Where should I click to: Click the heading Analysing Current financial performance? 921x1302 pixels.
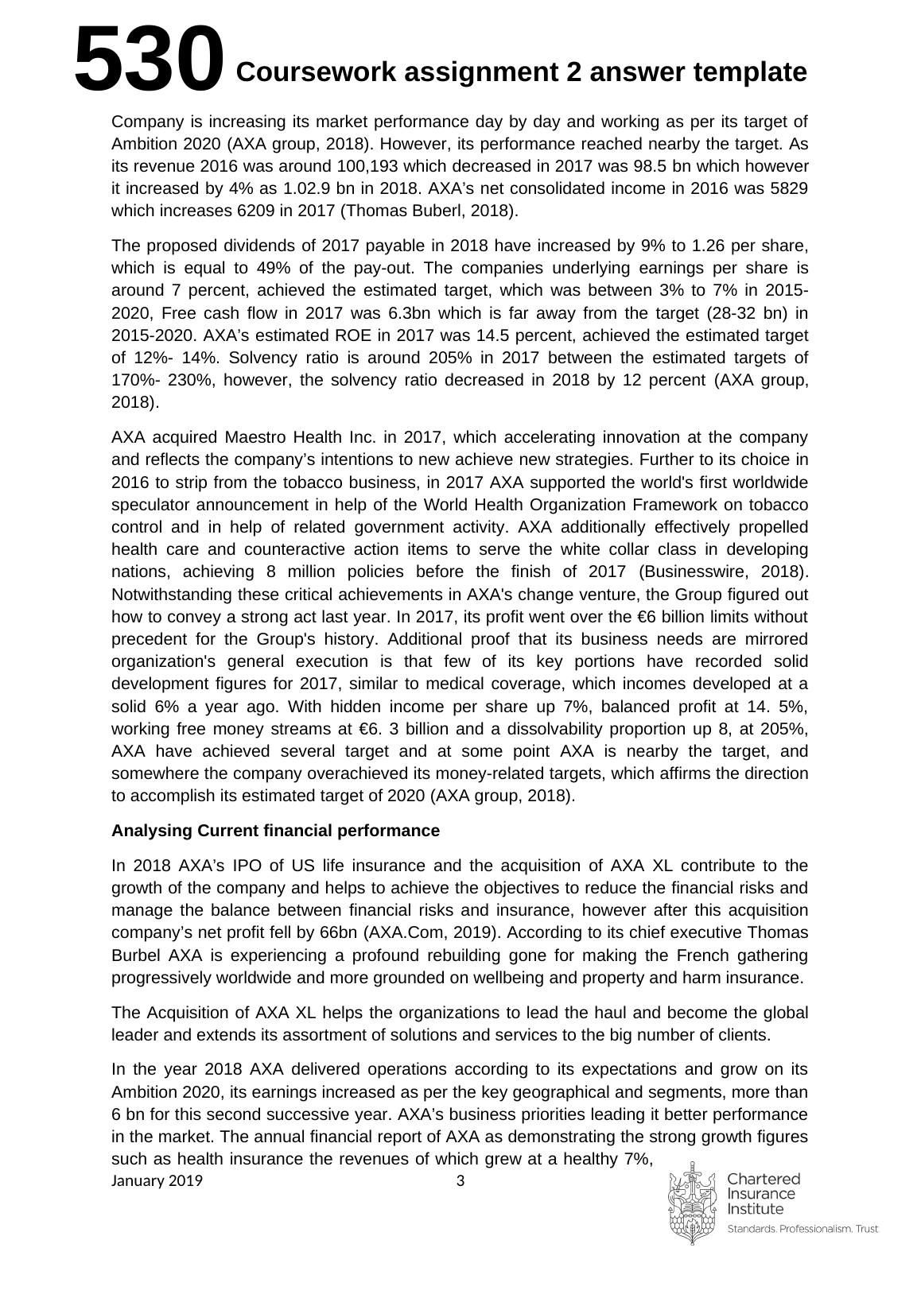pyautogui.click(x=275, y=831)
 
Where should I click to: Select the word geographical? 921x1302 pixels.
pyautogui.click(x=563, y=1092)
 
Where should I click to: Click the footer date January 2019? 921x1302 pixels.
pyautogui.click(x=157, y=1180)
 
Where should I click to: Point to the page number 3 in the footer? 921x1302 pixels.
pyautogui.click(x=460, y=1180)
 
